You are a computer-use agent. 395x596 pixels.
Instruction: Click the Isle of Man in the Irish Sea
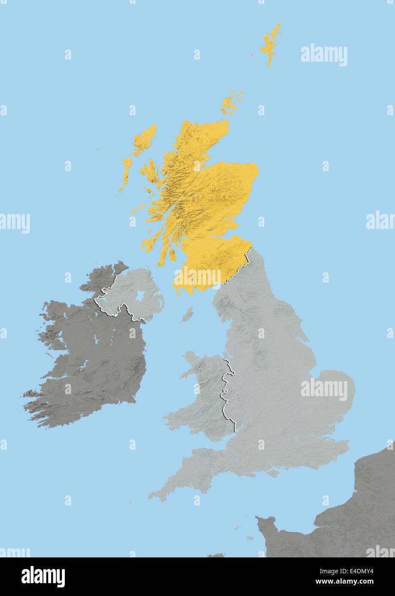tap(187, 316)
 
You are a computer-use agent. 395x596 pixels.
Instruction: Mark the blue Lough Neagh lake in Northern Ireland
tap(140, 296)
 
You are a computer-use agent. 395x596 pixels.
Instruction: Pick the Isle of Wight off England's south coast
tap(272, 473)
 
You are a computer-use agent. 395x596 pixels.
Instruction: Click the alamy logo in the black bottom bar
tap(43, 577)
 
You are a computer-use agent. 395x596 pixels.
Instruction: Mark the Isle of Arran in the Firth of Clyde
tap(172, 255)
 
